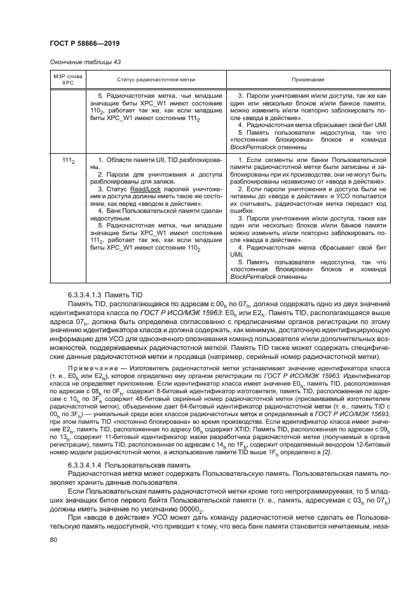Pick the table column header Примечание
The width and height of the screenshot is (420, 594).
point(308,79)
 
